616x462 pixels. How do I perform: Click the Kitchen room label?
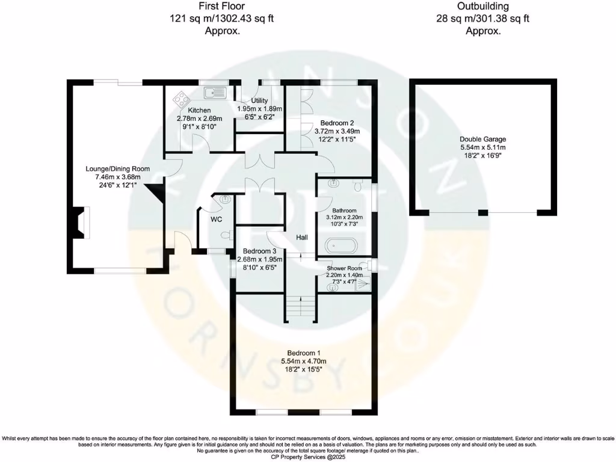tap(199, 110)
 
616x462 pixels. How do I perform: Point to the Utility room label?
tap(259, 100)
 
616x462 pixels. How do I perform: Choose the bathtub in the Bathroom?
tap(341, 246)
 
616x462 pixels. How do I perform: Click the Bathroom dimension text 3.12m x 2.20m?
tap(342, 217)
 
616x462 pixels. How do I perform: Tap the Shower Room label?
tap(344, 268)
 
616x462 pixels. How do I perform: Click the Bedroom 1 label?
tap(307, 353)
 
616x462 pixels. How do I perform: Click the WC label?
tap(217, 220)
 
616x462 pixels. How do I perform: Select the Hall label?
tap(302, 238)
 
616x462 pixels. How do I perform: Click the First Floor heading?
tap(221, 7)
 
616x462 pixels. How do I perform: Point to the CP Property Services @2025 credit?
tap(307, 457)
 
